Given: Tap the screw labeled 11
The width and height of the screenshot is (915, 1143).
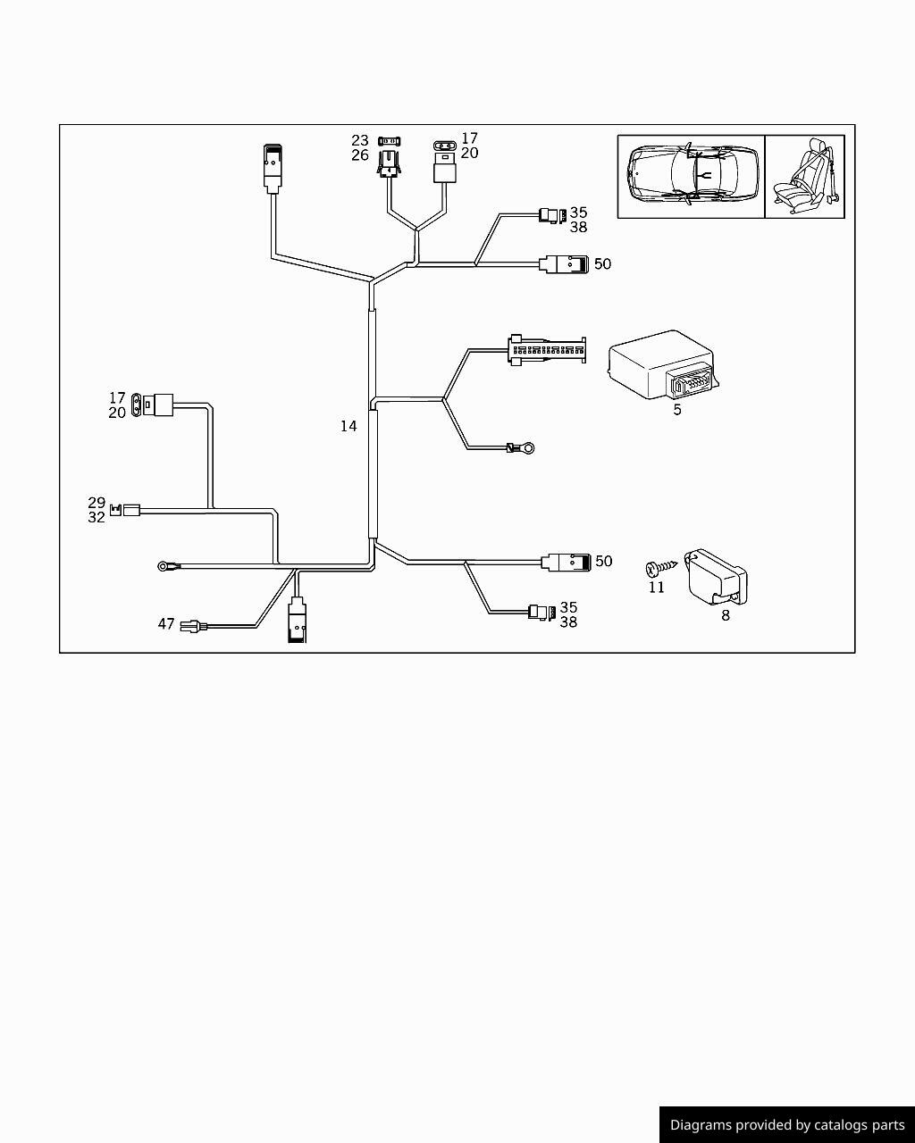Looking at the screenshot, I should point(653,568).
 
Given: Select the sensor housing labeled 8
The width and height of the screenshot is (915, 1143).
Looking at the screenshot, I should point(714,577).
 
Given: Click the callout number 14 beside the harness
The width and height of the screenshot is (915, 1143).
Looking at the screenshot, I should point(348,426).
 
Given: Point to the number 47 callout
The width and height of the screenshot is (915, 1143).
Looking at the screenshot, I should point(166,624).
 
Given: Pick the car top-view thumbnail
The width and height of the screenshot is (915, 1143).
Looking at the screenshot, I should point(692,176).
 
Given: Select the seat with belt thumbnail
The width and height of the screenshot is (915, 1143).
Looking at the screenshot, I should point(805,176).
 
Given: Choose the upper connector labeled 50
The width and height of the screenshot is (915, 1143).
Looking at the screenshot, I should point(564,264).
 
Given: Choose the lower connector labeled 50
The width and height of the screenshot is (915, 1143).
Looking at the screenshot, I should point(566,562).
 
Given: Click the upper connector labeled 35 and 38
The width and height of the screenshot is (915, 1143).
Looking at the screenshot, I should point(550,215).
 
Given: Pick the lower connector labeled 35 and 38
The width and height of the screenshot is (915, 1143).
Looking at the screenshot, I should point(540,613).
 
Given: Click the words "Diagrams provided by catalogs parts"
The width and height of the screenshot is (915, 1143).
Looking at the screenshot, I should point(786,1125).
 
